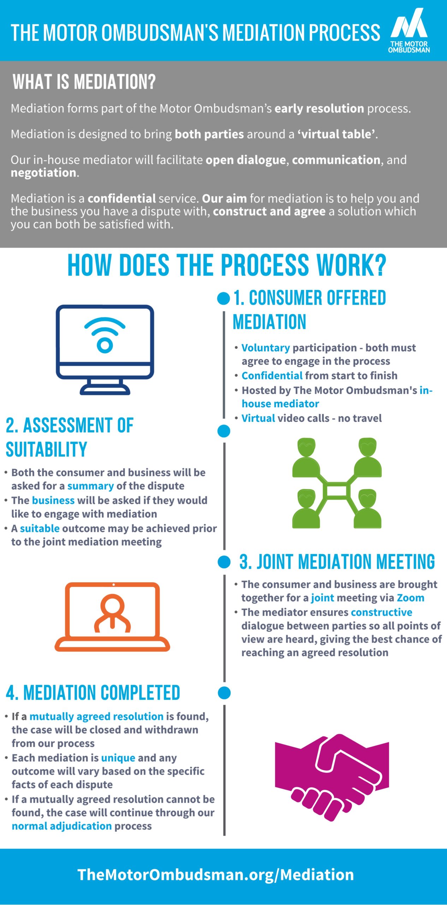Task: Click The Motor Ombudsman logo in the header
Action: coord(409,30)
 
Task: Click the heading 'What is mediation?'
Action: coord(84,82)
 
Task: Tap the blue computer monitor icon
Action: coord(105,350)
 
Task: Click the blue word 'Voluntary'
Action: coord(266,348)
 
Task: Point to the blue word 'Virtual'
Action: coord(258,418)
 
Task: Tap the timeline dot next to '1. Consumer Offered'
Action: coord(223,298)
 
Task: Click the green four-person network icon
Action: coord(337,483)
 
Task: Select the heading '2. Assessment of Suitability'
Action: coord(70,437)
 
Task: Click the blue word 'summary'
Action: coord(90,486)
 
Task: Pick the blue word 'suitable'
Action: coord(40,528)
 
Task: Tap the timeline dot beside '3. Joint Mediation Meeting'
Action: coord(224,562)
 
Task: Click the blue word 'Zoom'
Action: coord(410,598)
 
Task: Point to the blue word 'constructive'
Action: coord(381,612)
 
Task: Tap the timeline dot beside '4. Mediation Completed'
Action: coord(224,693)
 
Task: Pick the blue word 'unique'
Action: coord(118,758)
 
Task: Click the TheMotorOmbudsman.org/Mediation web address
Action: coord(215,875)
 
